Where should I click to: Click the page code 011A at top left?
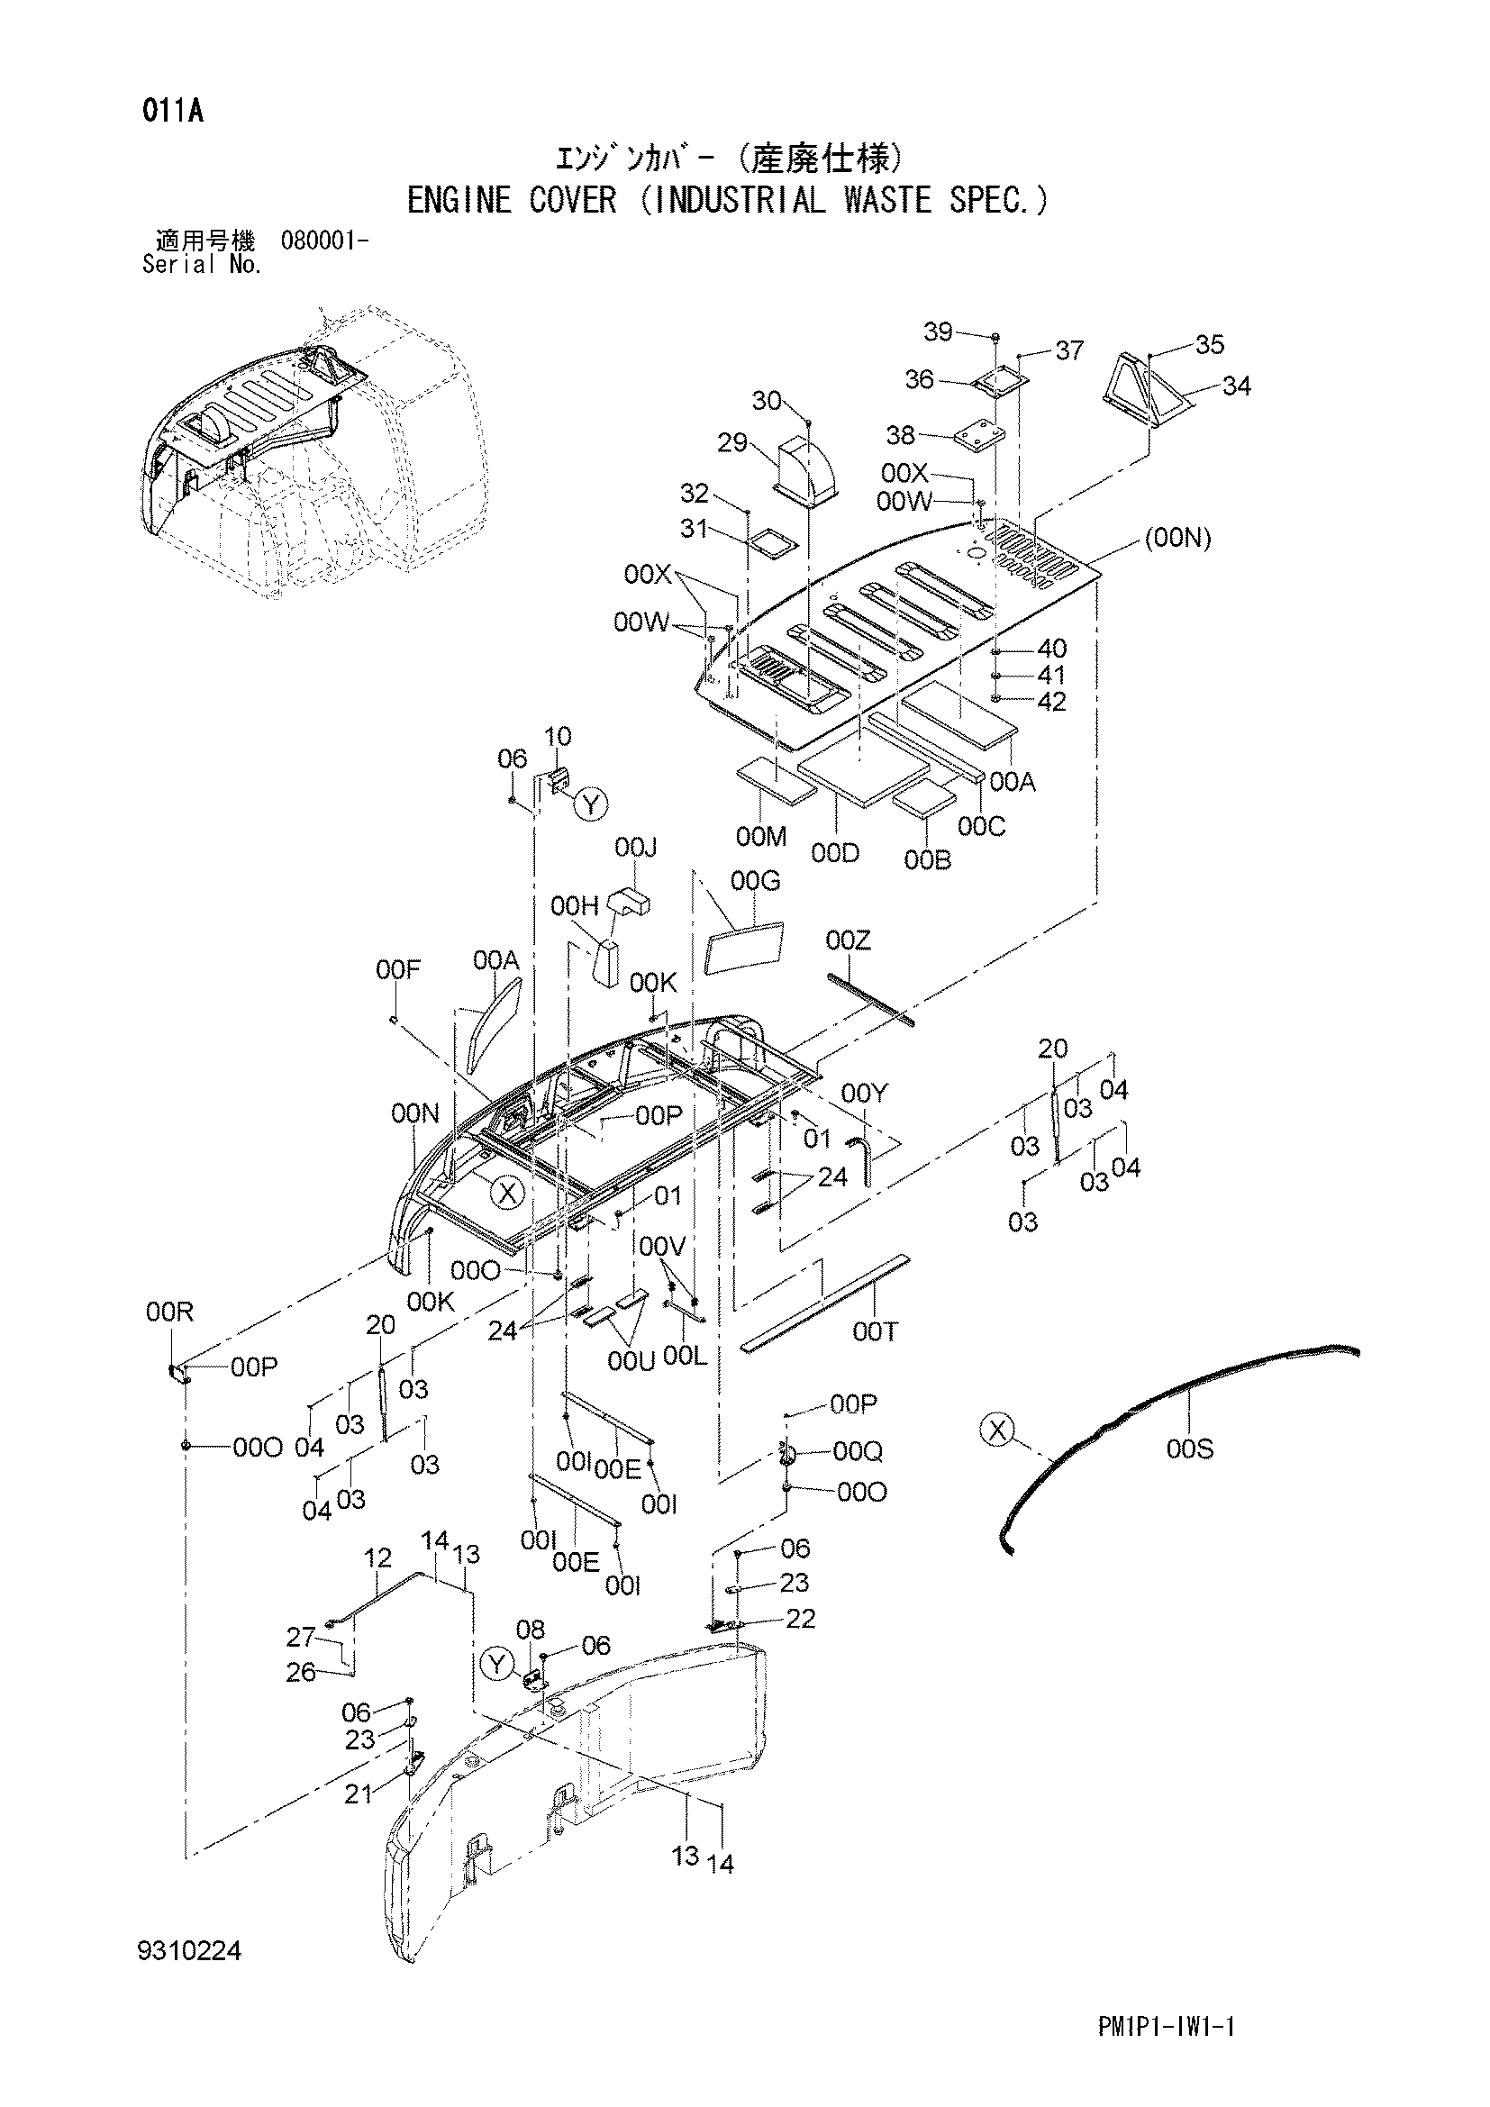pyautogui.click(x=172, y=112)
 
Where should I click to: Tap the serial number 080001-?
pyautogui.click(x=326, y=242)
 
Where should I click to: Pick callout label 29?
pyautogui.click(x=732, y=443)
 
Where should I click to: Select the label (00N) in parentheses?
pyautogui.click(x=1178, y=540)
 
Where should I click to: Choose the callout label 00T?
pyautogui.click(x=876, y=1331)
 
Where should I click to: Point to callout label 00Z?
pyautogui.click(x=849, y=940)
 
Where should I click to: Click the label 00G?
pyautogui.click(x=755, y=882)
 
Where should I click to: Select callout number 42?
pyautogui.click(x=1051, y=702)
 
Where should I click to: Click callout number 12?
pyautogui.click(x=378, y=1558)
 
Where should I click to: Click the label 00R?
pyautogui.click(x=169, y=1312)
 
